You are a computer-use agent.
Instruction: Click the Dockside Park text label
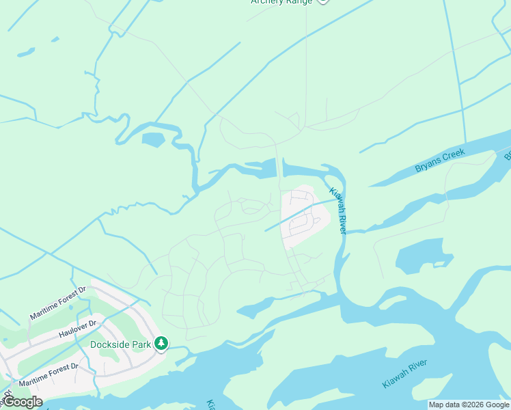click(x=120, y=344)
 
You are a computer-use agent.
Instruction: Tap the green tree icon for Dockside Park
click(x=161, y=343)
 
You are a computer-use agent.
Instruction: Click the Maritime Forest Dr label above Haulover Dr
click(x=58, y=303)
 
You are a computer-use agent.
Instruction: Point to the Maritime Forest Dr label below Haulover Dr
click(x=48, y=375)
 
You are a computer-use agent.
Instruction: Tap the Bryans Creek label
click(x=439, y=161)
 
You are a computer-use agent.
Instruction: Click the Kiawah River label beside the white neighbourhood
click(x=338, y=211)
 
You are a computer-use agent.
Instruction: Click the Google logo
click(x=22, y=402)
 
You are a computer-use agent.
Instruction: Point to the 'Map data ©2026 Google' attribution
click(x=469, y=405)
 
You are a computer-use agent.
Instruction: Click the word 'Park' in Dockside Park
click(x=140, y=344)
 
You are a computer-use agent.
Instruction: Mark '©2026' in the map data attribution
click(x=473, y=405)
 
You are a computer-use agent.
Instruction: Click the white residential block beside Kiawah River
click(x=305, y=216)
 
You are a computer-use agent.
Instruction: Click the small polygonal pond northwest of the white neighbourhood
click(x=153, y=140)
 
